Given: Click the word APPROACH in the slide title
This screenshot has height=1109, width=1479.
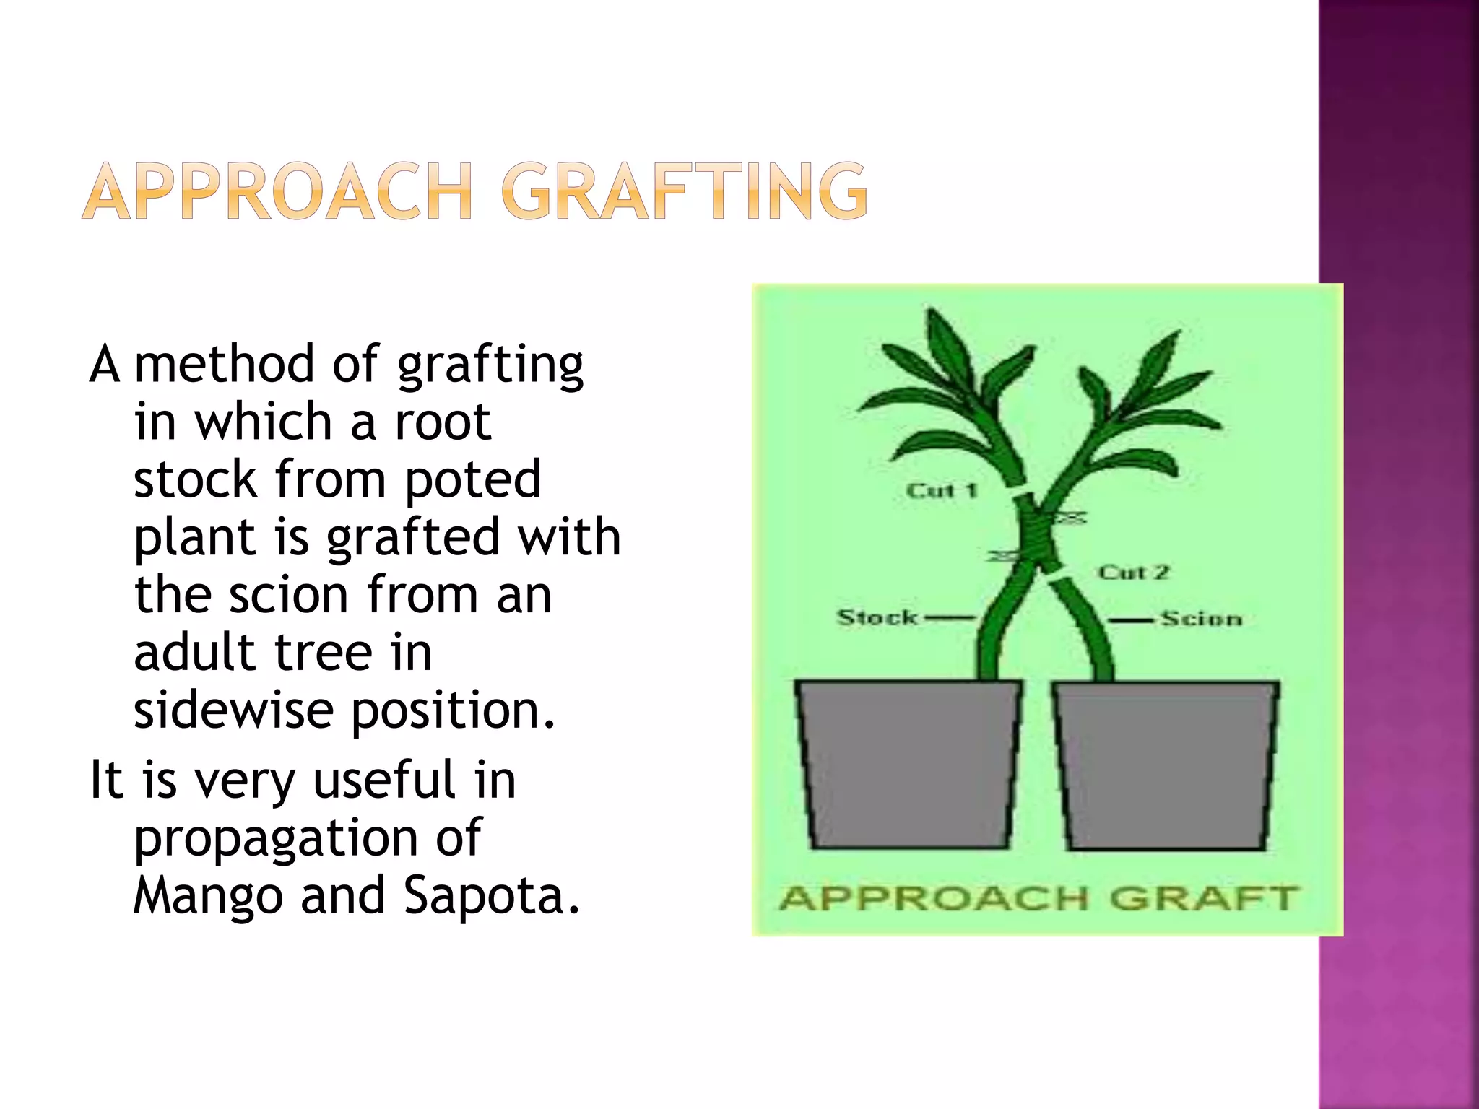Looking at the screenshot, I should (278, 191).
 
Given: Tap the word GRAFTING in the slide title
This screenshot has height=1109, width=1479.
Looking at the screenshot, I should (684, 191).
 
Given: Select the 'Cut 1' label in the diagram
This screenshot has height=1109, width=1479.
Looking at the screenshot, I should (942, 491).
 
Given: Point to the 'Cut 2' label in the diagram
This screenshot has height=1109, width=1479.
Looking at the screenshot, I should (1133, 573).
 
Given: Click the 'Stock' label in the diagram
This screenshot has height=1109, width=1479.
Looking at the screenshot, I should (877, 618).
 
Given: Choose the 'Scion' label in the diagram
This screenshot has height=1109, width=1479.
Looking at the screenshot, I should (1202, 619).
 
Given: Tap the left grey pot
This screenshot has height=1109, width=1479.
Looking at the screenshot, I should (908, 764).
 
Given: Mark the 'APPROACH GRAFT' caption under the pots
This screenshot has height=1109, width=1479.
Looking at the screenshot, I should (1039, 899).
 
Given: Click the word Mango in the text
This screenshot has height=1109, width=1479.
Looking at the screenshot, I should (208, 895).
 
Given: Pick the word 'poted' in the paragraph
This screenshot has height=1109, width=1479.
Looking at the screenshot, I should (472, 479).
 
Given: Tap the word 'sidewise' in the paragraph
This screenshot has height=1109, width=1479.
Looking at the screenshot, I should (233, 710).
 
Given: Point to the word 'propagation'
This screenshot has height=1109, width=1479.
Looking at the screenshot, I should (275, 838).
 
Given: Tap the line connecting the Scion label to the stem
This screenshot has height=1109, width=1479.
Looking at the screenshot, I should (1132, 619).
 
